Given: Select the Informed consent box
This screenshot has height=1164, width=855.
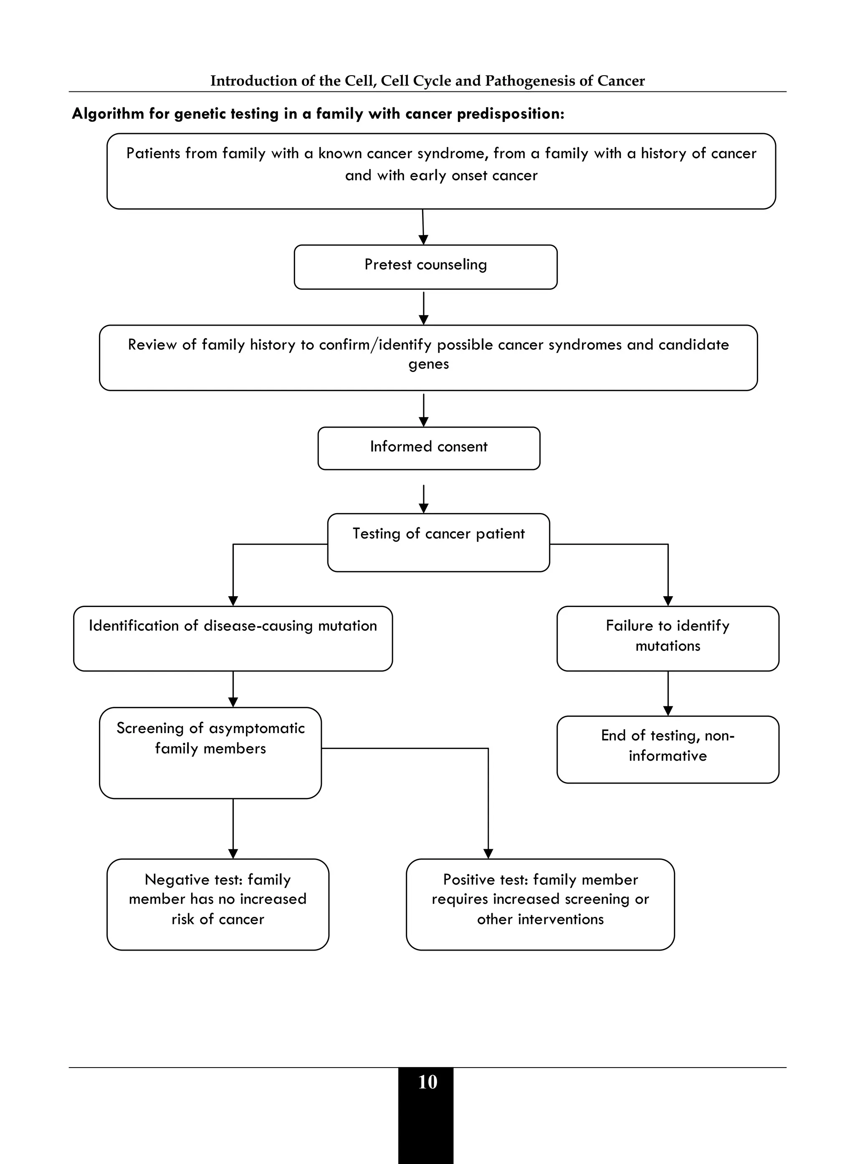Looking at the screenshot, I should (x=428, y=448).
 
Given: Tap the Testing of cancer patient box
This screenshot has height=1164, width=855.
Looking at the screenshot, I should (x=438, y=542).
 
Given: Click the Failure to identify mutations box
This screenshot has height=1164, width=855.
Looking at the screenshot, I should (x=668, y=639).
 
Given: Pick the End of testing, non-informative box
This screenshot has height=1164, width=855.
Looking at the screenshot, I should (x=668, y=749).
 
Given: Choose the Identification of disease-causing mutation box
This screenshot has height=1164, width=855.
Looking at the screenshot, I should (x=233, y=639).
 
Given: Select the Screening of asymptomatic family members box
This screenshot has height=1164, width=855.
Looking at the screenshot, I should (x=210, y=752).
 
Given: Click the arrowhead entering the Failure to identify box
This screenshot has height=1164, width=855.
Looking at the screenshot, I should (x=668, y=601).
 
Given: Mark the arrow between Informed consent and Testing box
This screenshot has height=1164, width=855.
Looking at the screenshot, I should (x=423, y=498).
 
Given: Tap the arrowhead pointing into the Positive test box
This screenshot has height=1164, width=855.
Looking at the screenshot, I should (x=488, y=853).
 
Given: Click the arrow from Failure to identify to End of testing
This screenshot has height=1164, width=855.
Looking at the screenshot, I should (x=668, y=693).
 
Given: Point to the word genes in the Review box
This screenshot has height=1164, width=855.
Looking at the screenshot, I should (x=428, y=364).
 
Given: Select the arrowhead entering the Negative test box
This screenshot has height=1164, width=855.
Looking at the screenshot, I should (x=233, y=853).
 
